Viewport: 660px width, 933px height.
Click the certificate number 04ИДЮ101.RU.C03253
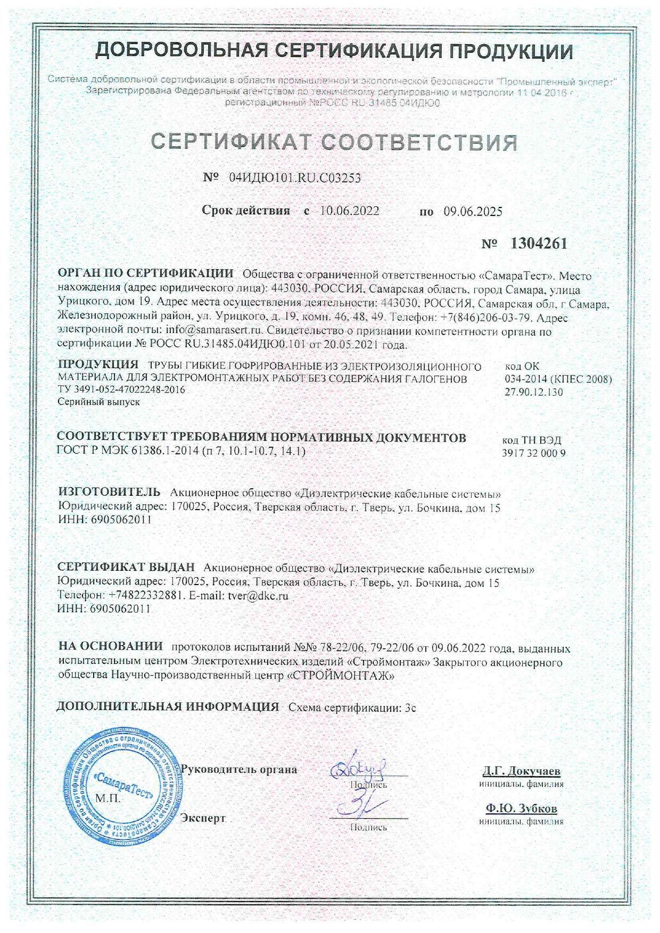[x=294, y=178]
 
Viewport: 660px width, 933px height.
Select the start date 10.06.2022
[x=350, y=211]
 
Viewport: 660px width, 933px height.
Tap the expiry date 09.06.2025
[x=473, y=212]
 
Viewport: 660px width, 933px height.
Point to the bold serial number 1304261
[x=539, y=244]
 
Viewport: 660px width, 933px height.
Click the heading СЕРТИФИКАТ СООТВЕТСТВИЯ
[x=334, y=142]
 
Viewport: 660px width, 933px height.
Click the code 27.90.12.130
[x=533, y=393]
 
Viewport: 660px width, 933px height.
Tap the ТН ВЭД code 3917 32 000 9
[x=533, y=453]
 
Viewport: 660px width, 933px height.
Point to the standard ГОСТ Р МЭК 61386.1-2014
[x=128, y=451]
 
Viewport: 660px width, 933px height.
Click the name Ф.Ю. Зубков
[x=521, y=809]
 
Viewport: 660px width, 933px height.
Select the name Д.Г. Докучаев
[x=521, y=771]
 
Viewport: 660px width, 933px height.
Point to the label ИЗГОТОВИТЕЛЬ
[x=109, y=491]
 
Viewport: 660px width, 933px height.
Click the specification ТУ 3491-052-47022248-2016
[x=121, y=389]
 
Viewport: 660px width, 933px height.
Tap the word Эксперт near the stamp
[x=203, y=818]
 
